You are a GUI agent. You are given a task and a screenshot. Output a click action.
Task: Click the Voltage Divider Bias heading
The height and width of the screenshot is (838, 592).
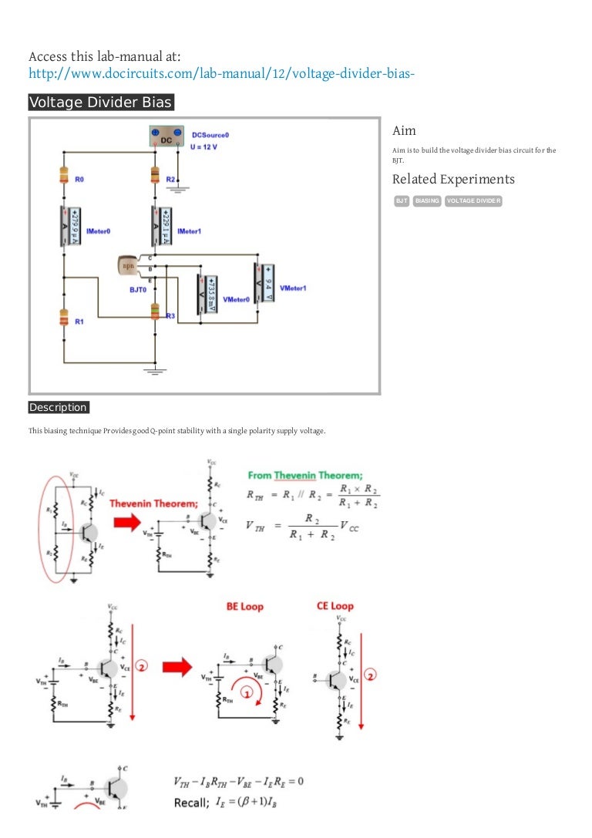point(101,103)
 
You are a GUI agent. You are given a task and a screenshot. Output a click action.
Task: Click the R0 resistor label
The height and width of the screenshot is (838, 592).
point(79,179)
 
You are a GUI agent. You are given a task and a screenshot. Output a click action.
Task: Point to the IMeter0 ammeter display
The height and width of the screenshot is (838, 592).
point(71,227)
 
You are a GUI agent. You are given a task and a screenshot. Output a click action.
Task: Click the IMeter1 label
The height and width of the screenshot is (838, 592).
point(190,231)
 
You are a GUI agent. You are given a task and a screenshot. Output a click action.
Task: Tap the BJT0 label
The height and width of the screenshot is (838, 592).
point(138,290)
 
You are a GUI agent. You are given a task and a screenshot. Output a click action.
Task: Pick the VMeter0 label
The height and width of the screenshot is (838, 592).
point(237,298)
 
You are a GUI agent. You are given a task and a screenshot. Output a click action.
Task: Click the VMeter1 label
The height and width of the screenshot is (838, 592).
point(293,288)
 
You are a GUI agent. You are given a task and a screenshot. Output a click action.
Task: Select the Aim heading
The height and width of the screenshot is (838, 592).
point(404,130)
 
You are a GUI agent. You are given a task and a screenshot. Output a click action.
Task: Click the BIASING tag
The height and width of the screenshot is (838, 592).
point(427,201)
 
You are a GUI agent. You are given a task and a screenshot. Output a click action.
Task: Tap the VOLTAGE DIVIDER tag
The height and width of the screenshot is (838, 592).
point(474,201)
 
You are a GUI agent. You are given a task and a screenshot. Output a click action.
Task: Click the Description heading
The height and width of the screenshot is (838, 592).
point(59,407)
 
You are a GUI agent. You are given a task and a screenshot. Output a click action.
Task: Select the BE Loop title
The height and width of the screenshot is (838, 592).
point(244,607)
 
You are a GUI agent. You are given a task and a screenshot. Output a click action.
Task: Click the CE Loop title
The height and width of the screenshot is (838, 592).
point(335,607)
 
